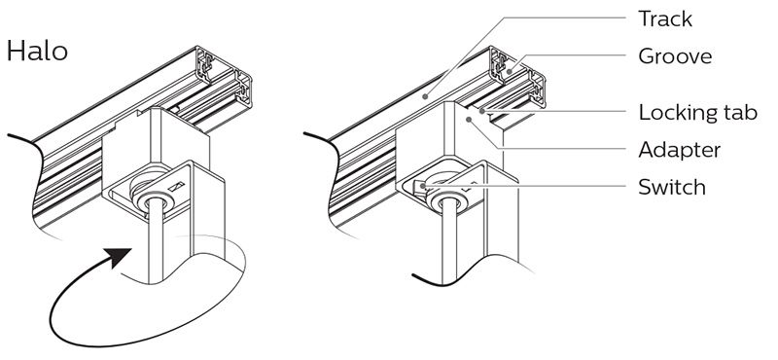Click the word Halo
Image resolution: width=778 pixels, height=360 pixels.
point(37,52)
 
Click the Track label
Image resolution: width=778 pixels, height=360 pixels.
point(665,18)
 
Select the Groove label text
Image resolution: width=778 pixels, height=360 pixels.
point(675,56)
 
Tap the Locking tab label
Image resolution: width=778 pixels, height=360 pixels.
point(697,113)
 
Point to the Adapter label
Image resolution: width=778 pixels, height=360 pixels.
point(679,150)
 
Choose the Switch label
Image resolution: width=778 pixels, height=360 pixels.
point(672,187)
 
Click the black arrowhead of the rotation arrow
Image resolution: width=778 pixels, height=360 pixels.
point(120,258)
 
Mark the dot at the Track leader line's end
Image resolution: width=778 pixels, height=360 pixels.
point(425,97)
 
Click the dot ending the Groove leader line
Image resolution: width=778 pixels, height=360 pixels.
point(509,72)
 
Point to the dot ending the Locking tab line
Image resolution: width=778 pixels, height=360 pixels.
point(482,111)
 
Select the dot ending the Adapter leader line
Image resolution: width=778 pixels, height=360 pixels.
point(469,119)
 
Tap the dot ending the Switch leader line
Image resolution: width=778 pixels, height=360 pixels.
point(422,186)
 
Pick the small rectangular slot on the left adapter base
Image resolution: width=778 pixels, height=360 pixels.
point(176,187)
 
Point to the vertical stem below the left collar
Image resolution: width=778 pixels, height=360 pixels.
point(156,244)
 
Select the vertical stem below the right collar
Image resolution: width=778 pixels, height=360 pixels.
point(449,244)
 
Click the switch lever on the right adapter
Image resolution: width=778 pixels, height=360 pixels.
point(421,189)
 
